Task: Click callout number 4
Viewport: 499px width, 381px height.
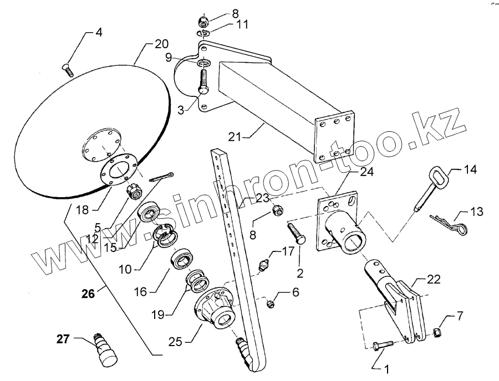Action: click(x=99, y=32)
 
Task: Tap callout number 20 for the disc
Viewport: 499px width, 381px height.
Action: click(x=161, y=44)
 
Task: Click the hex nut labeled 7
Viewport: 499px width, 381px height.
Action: click(x=436, y=332)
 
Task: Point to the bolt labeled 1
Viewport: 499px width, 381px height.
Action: click(x=384, y=345)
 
